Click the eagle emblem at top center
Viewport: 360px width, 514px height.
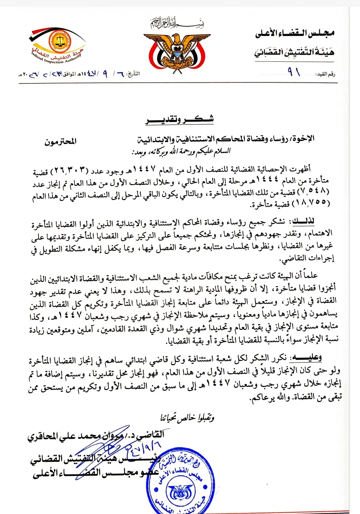tap(177, 50)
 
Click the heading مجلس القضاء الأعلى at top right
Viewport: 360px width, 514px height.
tap(295, 33)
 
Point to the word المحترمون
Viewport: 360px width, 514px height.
tap(60, 142)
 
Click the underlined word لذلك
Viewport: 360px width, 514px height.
tap(303, 221)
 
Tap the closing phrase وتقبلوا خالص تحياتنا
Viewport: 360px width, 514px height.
tap(187, 417)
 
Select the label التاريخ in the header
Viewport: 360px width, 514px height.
tap(134, 74)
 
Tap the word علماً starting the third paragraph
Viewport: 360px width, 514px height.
tap(309, 276)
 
